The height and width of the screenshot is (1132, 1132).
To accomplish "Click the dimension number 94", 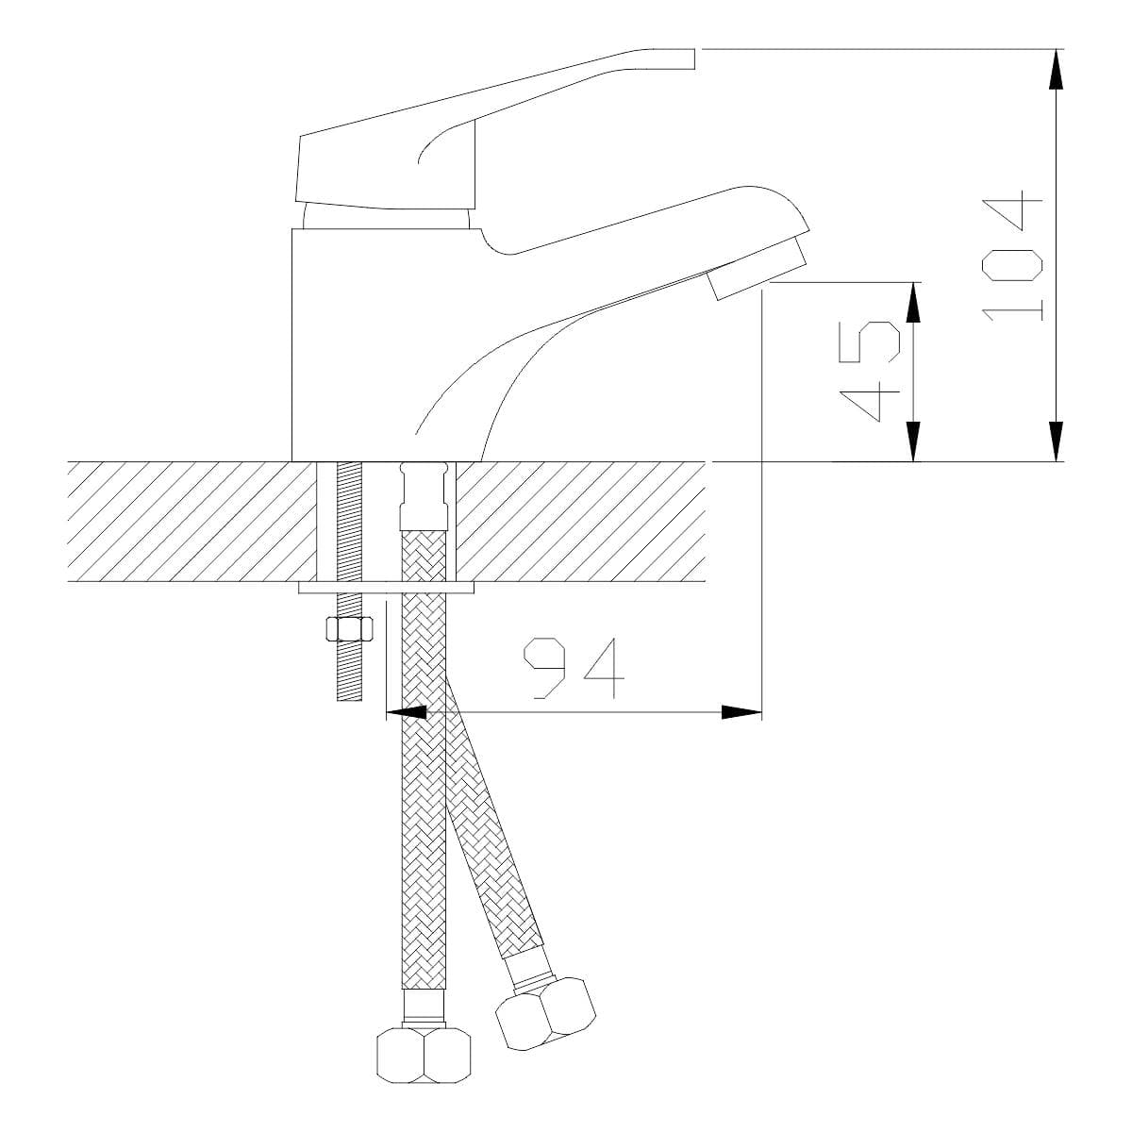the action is tap(574, 668).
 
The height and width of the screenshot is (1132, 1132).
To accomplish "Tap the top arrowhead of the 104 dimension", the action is tap(1057, 69).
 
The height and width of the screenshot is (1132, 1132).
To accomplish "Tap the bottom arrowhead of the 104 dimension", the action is tap(1057, 441).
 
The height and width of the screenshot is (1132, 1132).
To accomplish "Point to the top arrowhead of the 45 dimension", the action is tap(913, 303).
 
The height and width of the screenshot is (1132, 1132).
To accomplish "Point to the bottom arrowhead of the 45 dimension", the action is tap(913, 441).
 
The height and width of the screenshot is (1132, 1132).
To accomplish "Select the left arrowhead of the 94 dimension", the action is tap(406, 712).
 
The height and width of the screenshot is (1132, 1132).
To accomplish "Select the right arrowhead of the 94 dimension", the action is tap(741, 712).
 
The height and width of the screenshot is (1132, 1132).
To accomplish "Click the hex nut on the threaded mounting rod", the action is tap(350, 630).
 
